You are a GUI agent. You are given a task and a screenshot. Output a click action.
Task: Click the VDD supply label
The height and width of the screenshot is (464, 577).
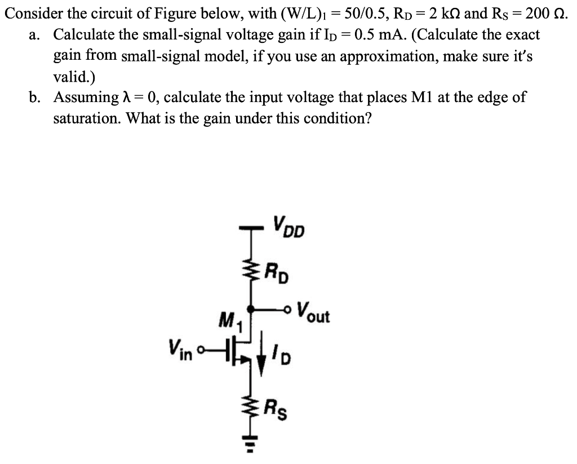[x=289, y=227]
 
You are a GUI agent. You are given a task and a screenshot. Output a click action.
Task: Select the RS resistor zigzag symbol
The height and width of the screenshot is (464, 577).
[x=251, y=408]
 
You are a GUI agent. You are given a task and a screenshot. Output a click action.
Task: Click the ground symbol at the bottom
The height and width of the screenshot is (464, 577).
[x=251, y=444]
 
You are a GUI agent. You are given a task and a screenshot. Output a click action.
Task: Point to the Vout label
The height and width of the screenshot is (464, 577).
[x=313, y=313]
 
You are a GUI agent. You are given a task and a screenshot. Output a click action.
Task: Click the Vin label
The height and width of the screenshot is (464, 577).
[x=180, y=350]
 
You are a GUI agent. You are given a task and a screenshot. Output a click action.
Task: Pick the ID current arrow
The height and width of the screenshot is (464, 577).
[x=261, y=353]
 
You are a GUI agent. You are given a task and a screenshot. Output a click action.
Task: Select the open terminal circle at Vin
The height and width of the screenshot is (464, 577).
[x=200, y=349]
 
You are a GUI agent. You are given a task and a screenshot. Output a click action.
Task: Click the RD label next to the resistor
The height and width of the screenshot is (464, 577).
[x=277, y=272]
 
